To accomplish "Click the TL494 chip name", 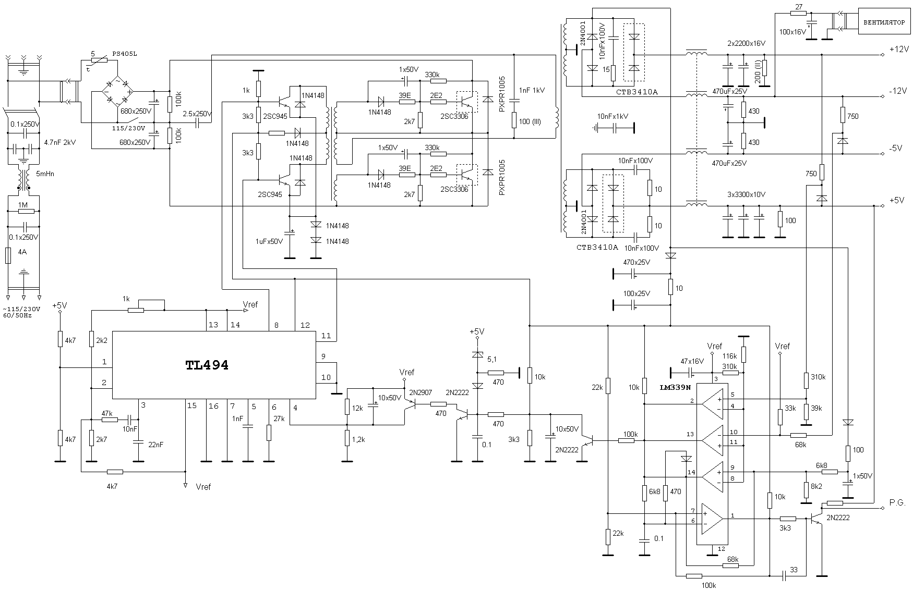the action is click(207, 365).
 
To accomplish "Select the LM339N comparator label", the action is click(675, 387).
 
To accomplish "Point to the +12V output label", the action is click(898, 49).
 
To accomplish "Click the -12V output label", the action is click(898, 91).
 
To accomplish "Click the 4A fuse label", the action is click(22, 252).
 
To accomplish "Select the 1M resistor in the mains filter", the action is click(23, 211).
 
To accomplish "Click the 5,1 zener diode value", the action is click(492, 360).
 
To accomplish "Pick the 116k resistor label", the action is click(729, 356).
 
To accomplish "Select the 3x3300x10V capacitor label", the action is click(746, 194).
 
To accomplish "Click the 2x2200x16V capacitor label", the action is click(746, 43).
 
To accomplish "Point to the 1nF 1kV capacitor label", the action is click(532, 90).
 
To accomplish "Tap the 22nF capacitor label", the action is click(155, 445).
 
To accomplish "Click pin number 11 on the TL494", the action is click(326, 336).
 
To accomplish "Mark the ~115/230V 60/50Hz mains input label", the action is click(22, 312).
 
